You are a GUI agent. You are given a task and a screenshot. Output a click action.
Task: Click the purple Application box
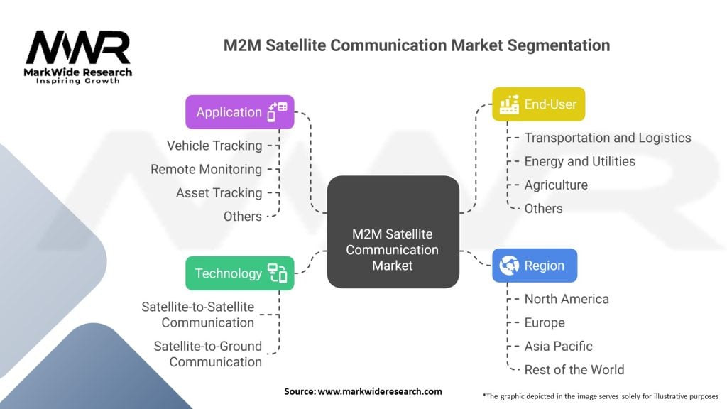click(x=240, y=112)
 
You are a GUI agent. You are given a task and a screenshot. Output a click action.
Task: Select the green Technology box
click(x=240, y=273)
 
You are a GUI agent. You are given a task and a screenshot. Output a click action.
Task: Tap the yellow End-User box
click(x=538, y=104)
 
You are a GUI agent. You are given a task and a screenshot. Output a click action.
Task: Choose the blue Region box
click(x=535, y=266)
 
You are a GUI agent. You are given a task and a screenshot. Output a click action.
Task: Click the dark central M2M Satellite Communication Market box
click(x=393, y=232)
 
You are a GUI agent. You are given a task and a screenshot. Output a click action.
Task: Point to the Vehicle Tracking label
click(x=214, y=146)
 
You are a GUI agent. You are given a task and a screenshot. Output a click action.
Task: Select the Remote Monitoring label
click(x=207, y=169)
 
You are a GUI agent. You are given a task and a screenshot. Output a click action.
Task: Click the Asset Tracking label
click(x=219, y=193)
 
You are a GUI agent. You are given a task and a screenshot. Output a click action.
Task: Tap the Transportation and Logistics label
click(x=608, y=138)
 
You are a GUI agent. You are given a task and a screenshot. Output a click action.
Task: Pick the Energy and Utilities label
click(x=579, y=161)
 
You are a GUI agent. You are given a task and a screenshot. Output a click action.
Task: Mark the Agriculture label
click(x=556, y=185)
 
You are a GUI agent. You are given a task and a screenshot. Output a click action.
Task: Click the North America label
click(x=567, y=299)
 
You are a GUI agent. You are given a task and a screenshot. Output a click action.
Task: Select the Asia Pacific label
click(x=558, y=347)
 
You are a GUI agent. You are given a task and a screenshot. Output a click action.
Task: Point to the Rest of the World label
click(x=574, y=369)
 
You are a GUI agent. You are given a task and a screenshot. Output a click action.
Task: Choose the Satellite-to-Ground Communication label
click(x=208, y=354)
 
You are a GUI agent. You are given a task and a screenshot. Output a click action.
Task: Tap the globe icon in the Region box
click(x=508, y=266)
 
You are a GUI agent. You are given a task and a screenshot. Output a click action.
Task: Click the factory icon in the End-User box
click(x=509, y=104)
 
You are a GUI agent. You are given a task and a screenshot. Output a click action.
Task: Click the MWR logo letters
click(x=78, y=47)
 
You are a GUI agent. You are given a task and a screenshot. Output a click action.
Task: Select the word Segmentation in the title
click(x=558, y=45)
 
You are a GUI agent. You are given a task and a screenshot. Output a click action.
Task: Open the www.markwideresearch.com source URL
click(x=380, y=391)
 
